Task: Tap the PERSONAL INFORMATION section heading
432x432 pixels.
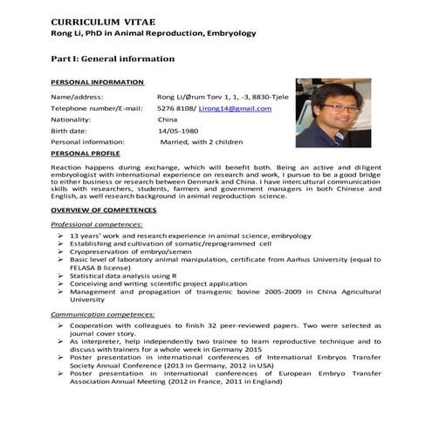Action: point(97,81)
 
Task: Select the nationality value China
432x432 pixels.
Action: point(167,119)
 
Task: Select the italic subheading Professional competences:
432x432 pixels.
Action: point(95,224)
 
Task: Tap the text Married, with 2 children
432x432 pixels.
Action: point(201,141)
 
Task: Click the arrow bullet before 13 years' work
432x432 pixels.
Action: point(59,236)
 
